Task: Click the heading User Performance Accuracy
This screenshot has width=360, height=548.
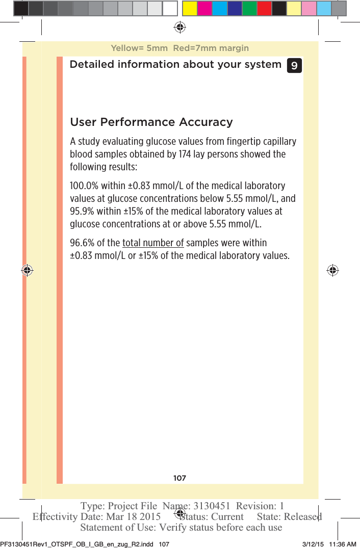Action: [151, 122]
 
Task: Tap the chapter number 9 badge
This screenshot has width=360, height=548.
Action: [294, 66]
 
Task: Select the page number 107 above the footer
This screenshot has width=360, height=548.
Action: [179, 478]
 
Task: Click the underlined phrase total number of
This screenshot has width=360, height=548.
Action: [153, 243]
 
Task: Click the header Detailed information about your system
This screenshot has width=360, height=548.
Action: [175, 65]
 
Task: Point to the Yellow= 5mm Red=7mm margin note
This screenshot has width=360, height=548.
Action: [179, 48]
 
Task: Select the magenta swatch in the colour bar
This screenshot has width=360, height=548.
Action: [205, 8]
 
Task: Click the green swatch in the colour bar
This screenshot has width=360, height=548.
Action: [249, 8]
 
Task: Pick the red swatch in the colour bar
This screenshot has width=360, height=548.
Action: [264, 8]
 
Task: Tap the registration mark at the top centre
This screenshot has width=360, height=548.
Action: [179, 27]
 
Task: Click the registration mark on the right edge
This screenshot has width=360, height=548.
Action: [332, 270]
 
